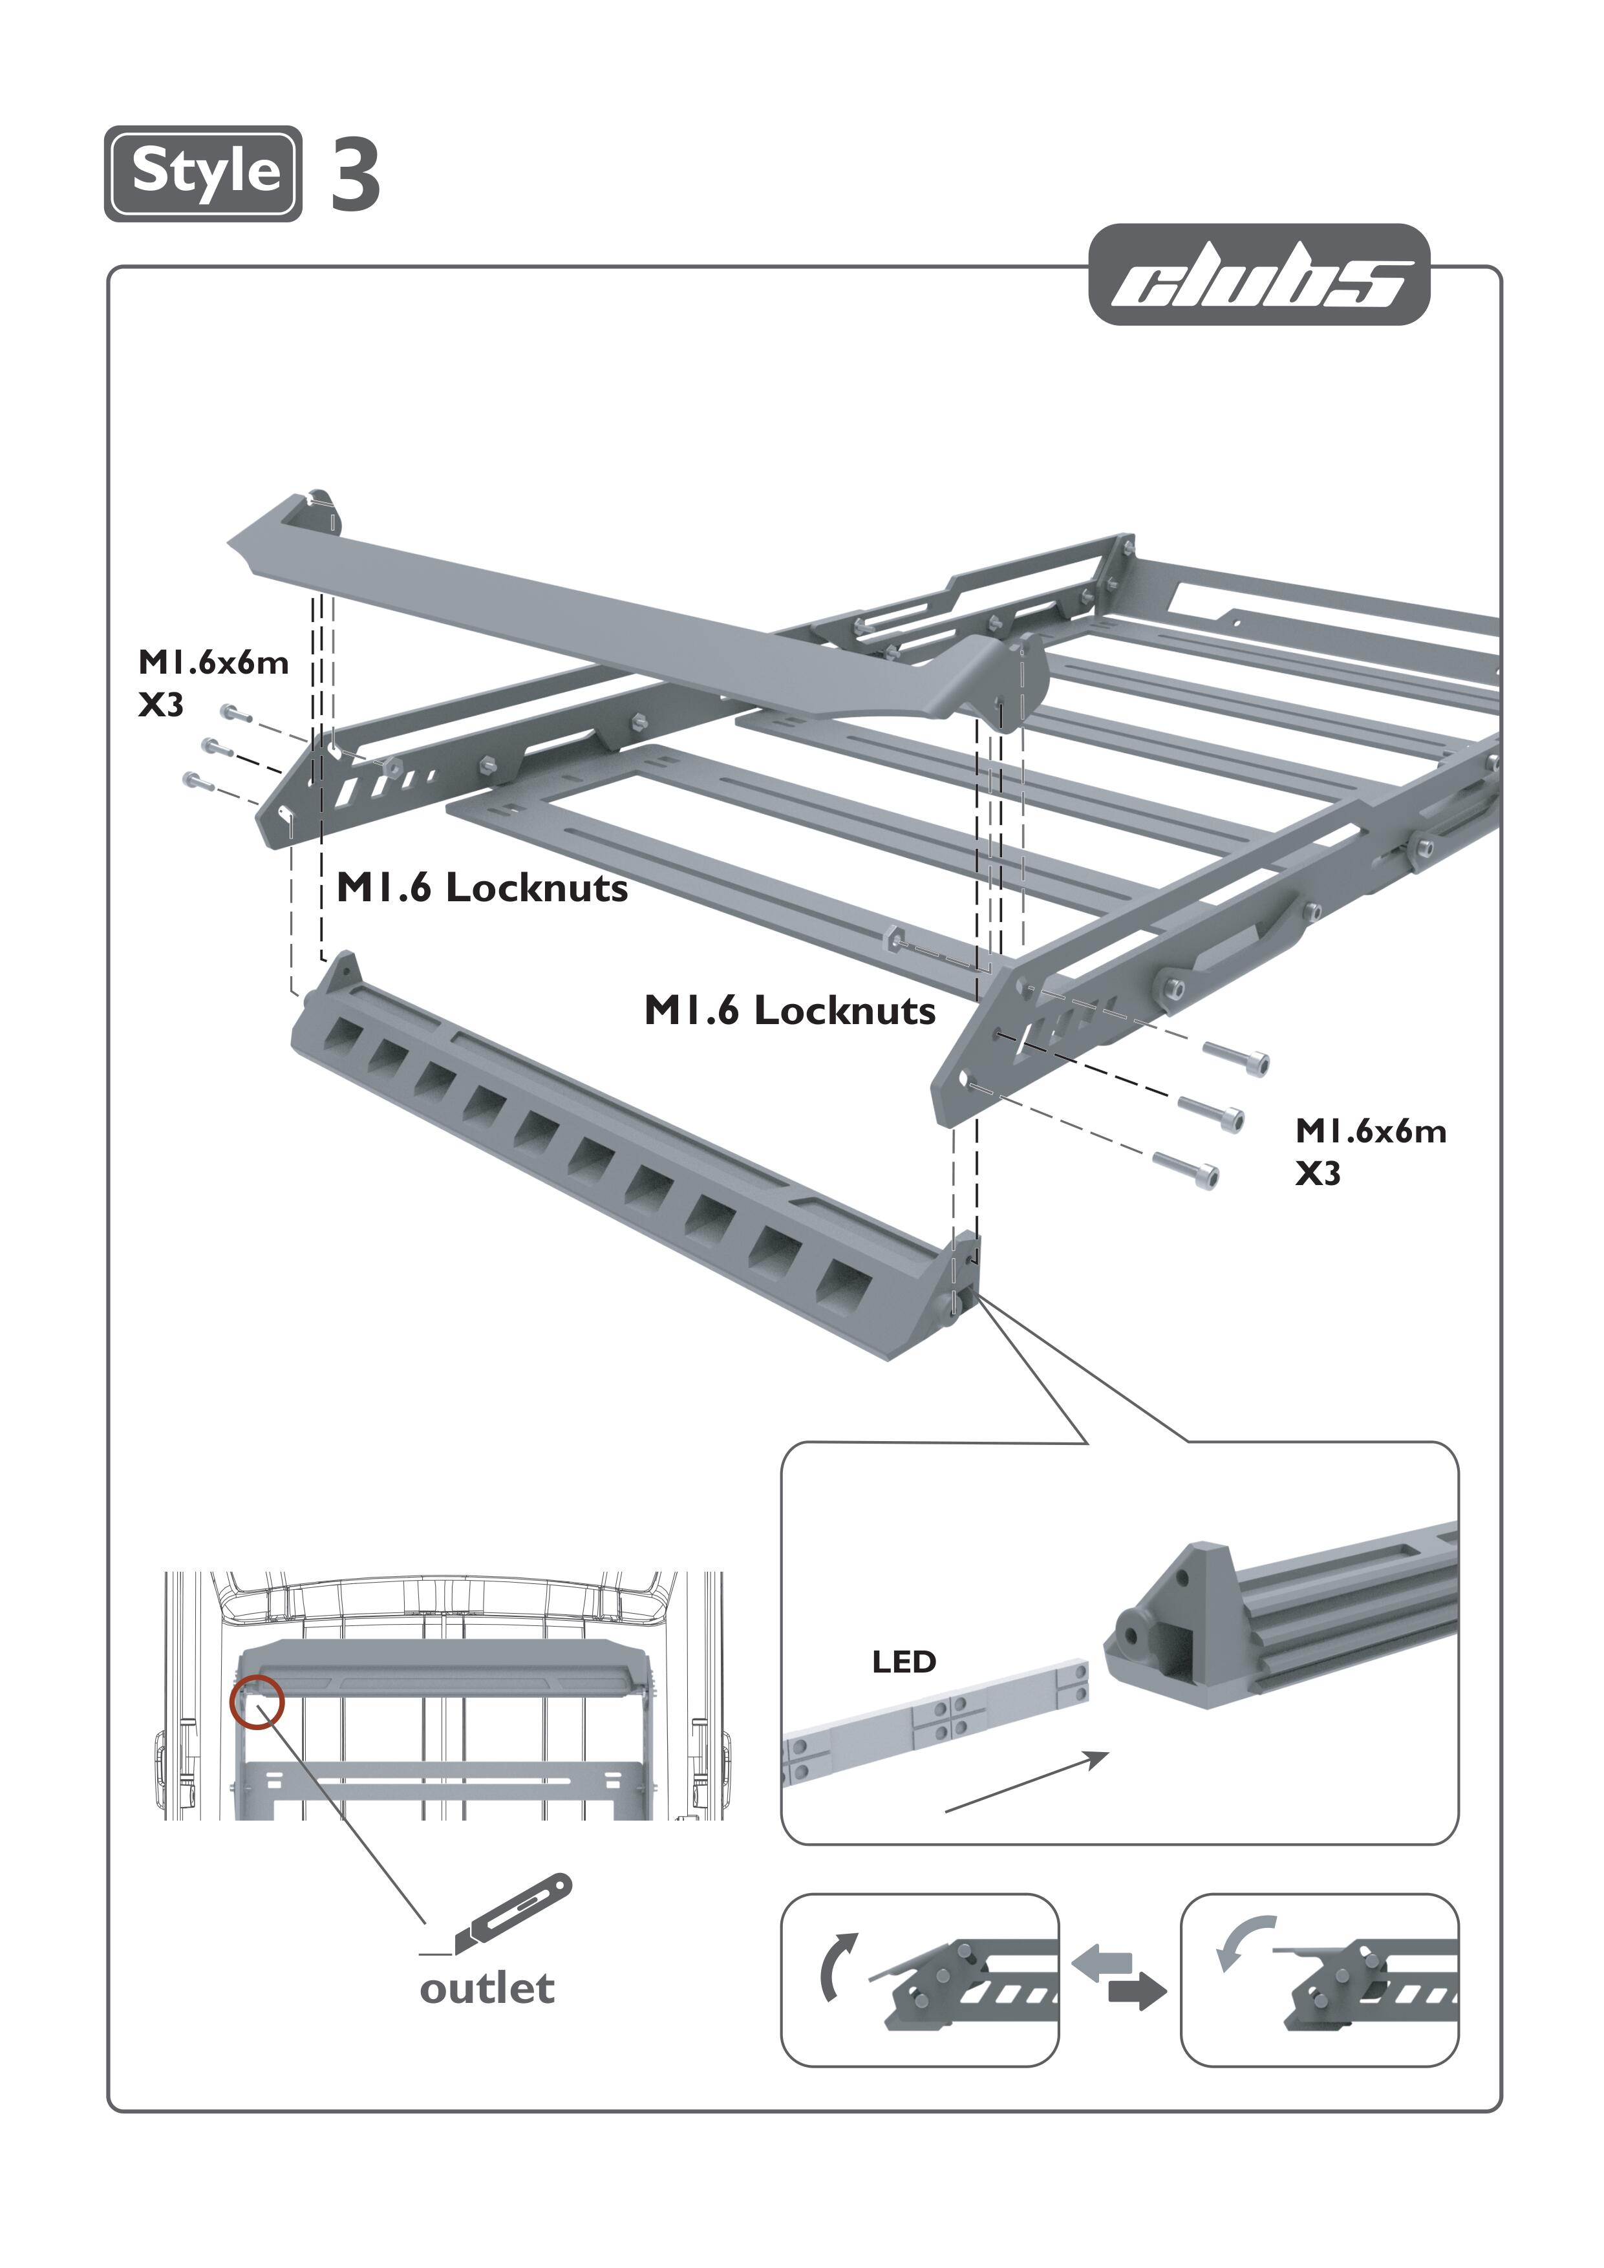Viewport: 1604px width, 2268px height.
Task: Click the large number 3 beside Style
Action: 356,175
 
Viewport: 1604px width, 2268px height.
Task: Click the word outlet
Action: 487,1989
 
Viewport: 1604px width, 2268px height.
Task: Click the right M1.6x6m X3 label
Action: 1370,1151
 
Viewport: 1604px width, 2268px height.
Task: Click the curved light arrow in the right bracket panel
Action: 1245,1941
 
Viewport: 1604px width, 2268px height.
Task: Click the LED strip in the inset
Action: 938,1720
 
